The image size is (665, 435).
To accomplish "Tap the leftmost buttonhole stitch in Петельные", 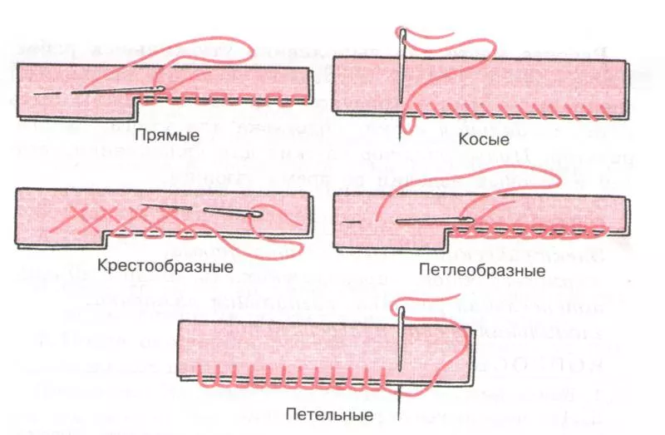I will pos(204,376).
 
